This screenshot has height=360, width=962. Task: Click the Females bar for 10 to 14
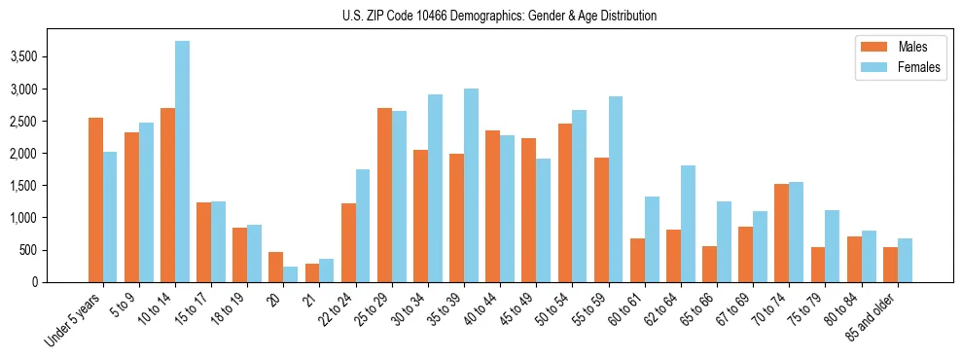click(183, 162)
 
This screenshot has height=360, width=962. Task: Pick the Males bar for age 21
click(312, 272)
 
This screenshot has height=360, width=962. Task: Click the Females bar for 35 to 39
click(471, 185)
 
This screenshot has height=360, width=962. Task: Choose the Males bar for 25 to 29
click(384, 195)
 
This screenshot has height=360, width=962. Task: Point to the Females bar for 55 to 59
click(615, 189)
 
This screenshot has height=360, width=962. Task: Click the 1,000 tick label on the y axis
click(22, 218)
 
